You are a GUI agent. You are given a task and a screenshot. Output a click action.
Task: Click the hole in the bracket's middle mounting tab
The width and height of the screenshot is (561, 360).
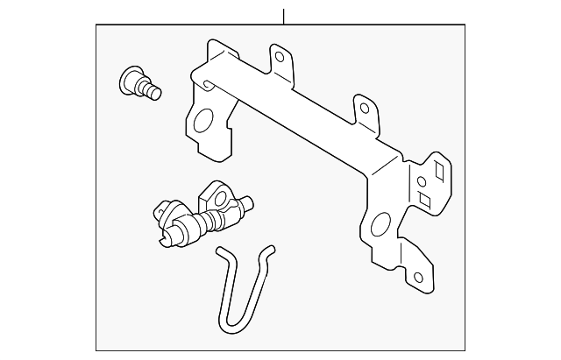363,109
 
